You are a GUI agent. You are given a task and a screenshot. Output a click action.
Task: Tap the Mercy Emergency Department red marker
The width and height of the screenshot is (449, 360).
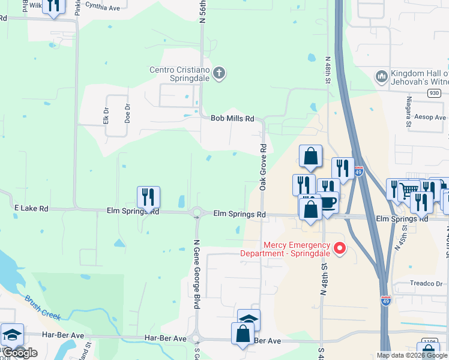tap(339, 247)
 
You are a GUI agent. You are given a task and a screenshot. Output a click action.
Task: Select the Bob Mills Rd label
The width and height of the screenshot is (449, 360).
tap(232, 118)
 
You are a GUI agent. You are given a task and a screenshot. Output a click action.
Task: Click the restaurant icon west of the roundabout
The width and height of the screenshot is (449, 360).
tap(148, 197)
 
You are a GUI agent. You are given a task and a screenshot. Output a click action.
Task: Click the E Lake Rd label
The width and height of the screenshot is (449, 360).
tap(31, 208)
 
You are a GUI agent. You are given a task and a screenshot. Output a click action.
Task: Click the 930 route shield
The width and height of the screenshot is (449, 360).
tap(435, 93)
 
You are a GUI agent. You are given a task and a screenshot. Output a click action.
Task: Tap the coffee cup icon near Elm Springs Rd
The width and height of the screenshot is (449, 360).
tap(328, 202)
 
